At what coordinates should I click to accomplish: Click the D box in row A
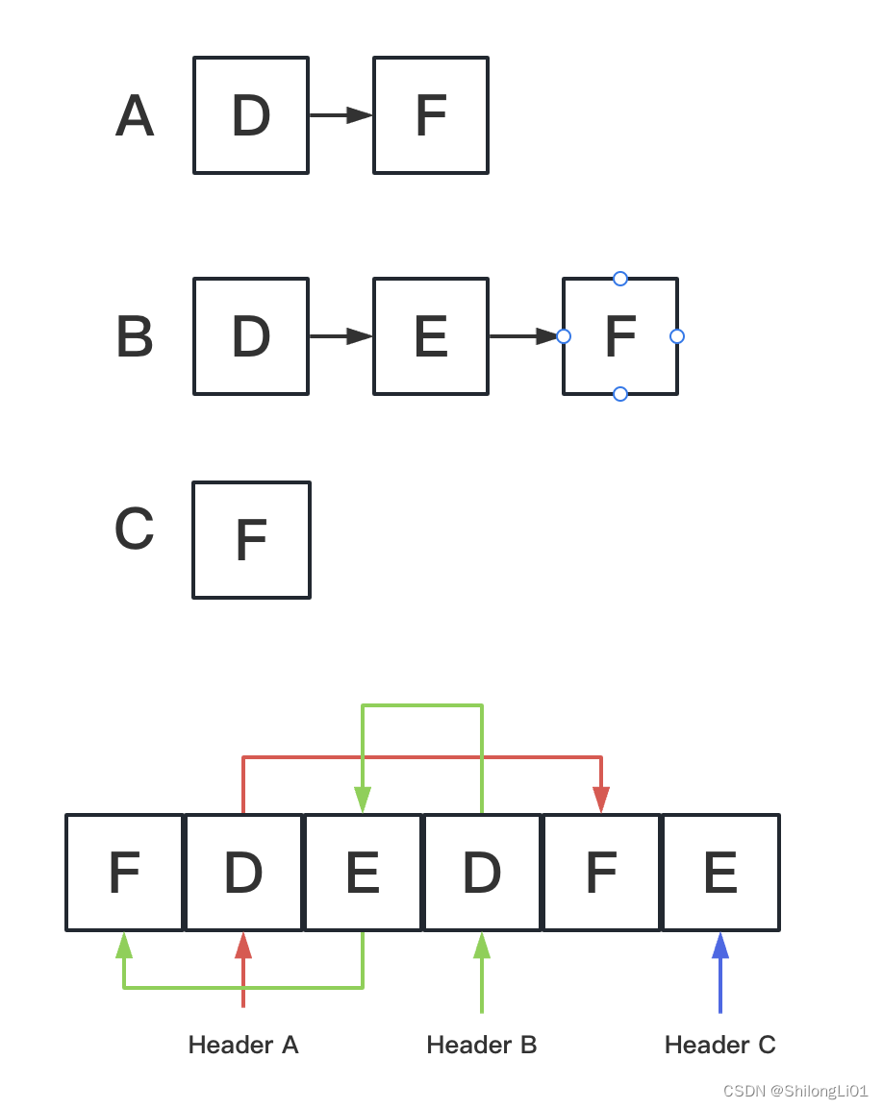click(251, 115)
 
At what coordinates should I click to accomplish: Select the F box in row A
click(431, 115)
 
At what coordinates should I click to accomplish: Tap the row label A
click(135, 117)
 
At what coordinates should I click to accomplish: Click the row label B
click(135, 338)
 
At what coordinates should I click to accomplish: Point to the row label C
click(135, 530)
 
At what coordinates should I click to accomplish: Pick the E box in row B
click(431, 336)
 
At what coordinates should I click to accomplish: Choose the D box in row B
click(251, 336)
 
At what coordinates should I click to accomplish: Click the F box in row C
click(251, 540)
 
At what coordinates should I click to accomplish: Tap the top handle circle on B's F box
click(620, 279)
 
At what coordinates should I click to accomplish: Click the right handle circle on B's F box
click(677, 336)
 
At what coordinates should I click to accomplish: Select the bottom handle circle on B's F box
click(620, 394)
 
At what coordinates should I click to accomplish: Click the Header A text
click(243, 1046)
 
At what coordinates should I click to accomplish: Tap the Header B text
click(482, 1046)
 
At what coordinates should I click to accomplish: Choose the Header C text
click(720, 1046)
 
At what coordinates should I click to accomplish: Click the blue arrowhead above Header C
click(720, 946)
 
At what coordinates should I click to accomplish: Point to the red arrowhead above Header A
click(243, 946)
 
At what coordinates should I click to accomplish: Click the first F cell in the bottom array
click(124, 873)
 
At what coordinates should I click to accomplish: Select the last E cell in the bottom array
click(720, 873)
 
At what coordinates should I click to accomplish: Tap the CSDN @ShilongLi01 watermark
click(795, 1091)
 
